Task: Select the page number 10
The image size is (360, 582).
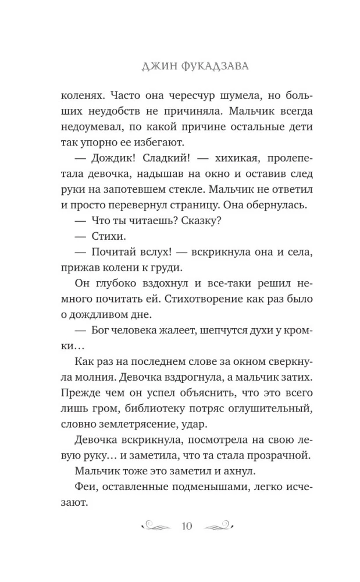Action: [x=187, y=527]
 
